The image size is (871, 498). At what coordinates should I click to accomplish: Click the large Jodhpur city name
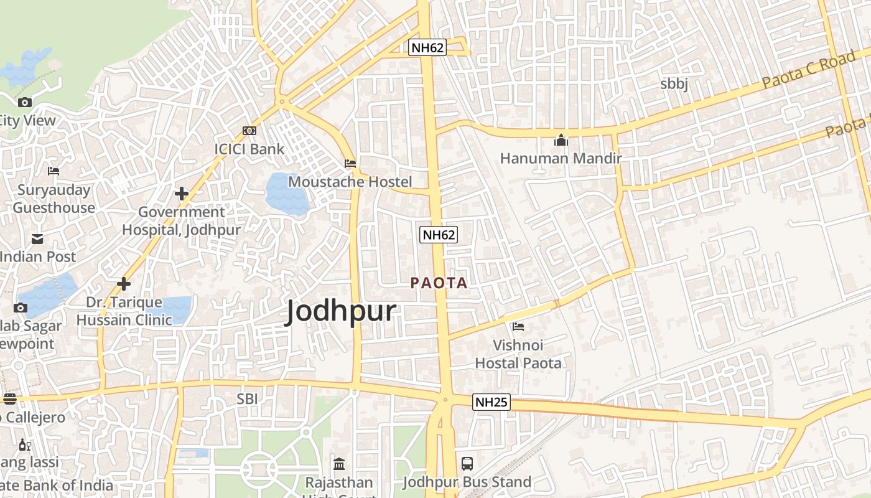341,311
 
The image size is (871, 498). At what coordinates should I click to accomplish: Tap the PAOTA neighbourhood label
439,283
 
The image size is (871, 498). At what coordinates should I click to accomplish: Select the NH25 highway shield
491,402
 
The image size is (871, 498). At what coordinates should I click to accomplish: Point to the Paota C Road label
809,70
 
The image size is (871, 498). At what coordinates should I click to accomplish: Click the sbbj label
674,84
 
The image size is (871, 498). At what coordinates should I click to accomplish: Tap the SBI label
247,398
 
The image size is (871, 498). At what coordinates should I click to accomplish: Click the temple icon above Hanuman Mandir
561,140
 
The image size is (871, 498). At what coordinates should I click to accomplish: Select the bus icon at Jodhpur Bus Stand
467,463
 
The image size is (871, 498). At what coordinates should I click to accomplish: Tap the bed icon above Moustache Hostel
350,164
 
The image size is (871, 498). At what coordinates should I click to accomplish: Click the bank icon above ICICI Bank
249,131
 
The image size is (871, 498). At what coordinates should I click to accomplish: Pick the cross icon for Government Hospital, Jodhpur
182,194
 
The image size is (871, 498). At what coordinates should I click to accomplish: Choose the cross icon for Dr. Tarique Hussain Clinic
124,284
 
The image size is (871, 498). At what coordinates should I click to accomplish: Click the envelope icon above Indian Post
37,238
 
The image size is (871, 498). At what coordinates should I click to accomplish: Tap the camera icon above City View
25,103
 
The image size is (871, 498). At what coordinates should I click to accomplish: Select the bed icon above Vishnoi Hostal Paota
518,326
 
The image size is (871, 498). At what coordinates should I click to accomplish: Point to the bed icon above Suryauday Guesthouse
54,171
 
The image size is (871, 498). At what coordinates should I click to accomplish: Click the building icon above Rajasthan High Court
339,464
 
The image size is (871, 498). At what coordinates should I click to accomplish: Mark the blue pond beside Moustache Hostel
287,194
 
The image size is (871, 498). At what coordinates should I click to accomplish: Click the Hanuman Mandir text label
561,159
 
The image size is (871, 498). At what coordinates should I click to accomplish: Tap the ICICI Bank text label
249,149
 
